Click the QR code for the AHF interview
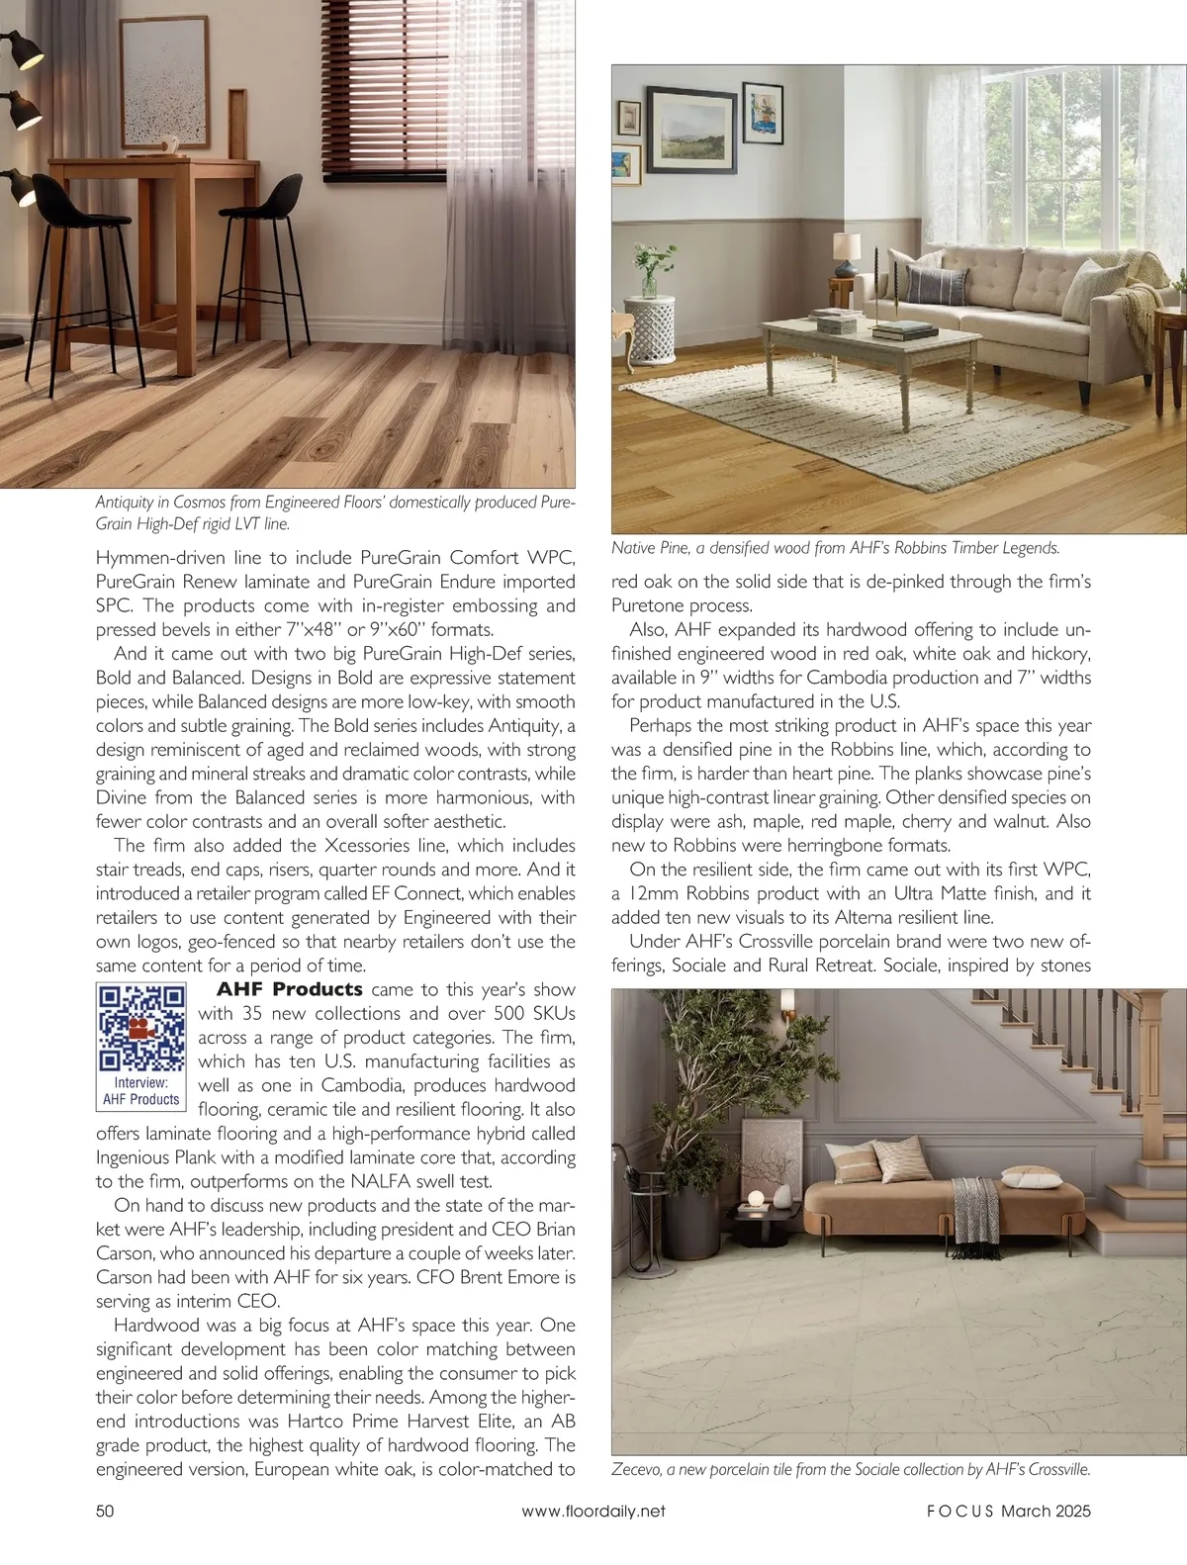point(141,1028)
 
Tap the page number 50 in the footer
point(105,1511)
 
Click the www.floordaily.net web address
point(593,1511)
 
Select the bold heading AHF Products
point(290,989)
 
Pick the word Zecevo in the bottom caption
point(637,1469)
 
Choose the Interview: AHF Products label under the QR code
point(141,1091)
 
